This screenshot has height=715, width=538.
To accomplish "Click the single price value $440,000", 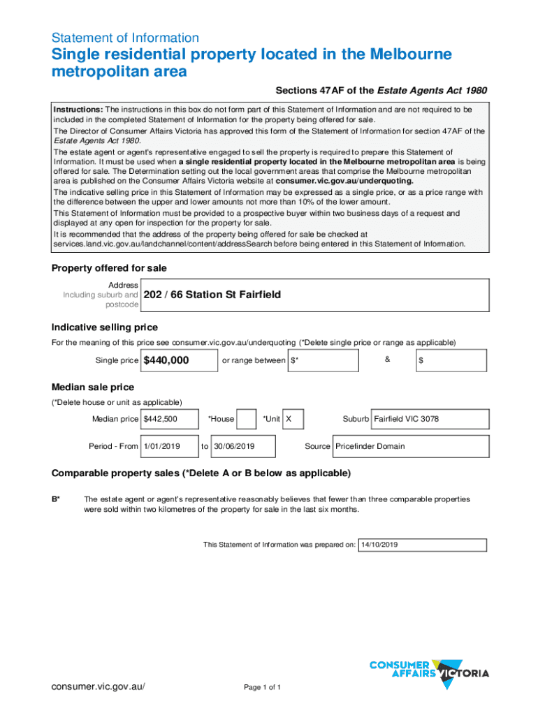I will pyautogui.click(x=166, y=360).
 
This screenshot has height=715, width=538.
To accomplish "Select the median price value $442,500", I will pyautogui.click(x=160, y=419).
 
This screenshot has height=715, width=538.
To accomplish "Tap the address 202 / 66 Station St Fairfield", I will pyautogui.click(x=212, y=295).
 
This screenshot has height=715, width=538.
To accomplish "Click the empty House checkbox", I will pyautogui.click(x=246, y=419).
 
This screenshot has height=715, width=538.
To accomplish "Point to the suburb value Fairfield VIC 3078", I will pyautogui.click(x=407, y=419).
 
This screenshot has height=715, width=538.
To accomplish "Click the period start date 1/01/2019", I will pyautogui.click(x=162, y=446).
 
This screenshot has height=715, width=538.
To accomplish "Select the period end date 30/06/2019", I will pyautogui.click(x=234, y=446).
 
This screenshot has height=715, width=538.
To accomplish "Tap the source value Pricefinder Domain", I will pyautogui.click(x=370, y=446).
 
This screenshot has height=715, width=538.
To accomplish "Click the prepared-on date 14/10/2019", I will pyautogui.click(x=379, y=545).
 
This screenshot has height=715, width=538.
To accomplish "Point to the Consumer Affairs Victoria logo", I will pyautogui.click(x=428, y=672).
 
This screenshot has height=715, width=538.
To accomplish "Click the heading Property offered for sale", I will pyautogui.click(x=109, y=269).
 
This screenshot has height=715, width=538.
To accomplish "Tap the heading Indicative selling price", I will pyautogui.click(x=105, y=327).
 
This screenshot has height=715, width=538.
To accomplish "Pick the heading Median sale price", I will pyautogui.click(x=93, y=387).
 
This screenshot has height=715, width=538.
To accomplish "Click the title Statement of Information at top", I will pyautogui.click(x=125, y=38).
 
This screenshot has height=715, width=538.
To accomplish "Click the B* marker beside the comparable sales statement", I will pyautogui.click(x=56, y=499).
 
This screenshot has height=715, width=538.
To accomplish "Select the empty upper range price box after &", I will pyautogui.click(x=451, y=360).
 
